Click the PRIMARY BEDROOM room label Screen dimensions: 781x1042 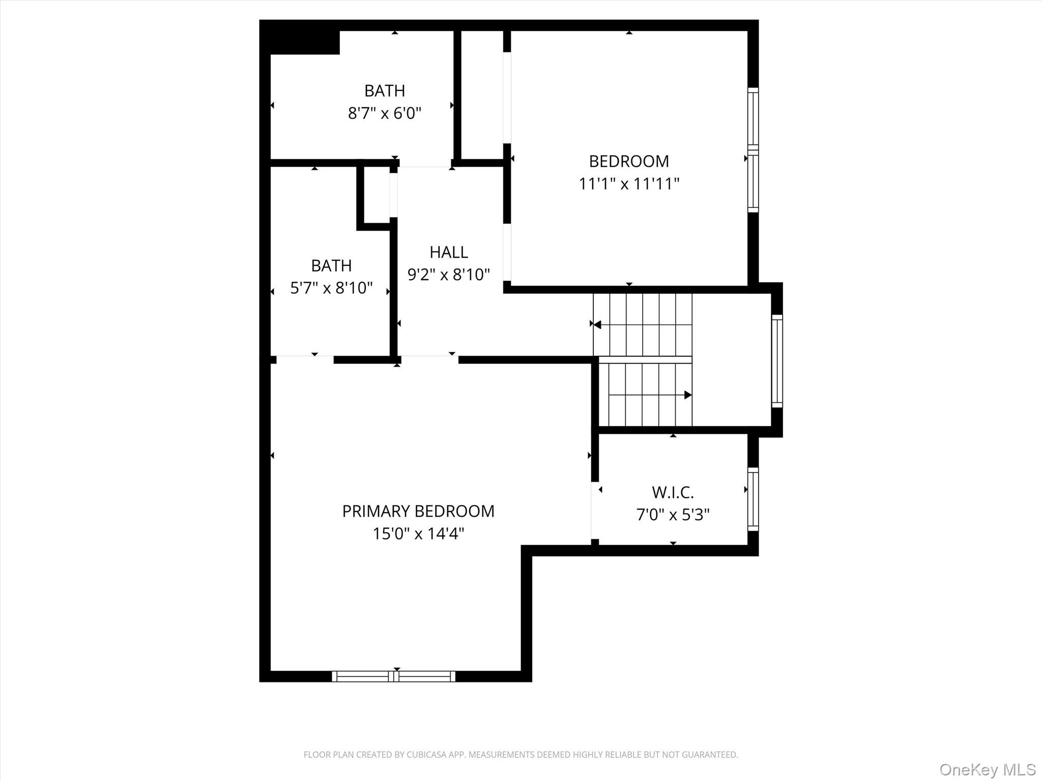[418, 511]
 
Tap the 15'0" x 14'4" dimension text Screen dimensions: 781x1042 [418, 533]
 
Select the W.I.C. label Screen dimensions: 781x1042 [673, 492]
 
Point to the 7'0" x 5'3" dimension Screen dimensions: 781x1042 [673, 515]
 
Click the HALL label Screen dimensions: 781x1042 [448, 252]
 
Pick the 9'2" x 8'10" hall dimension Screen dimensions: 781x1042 [448, 275]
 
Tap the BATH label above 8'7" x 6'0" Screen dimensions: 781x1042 [385, 91]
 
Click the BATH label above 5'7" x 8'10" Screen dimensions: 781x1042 [331, 265]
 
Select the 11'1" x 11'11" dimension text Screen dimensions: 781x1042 [629, 184]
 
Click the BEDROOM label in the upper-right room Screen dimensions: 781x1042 [629, 161]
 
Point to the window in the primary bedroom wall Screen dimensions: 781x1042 [393, 676]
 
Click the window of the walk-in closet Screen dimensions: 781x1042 [752, 499]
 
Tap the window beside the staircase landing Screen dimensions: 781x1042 [777, 361]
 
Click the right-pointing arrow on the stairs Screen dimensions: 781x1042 [687, 395]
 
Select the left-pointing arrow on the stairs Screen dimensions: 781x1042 [597, 324]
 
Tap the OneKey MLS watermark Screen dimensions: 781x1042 [987, 769]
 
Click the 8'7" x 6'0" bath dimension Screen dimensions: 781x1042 [385, 113]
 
